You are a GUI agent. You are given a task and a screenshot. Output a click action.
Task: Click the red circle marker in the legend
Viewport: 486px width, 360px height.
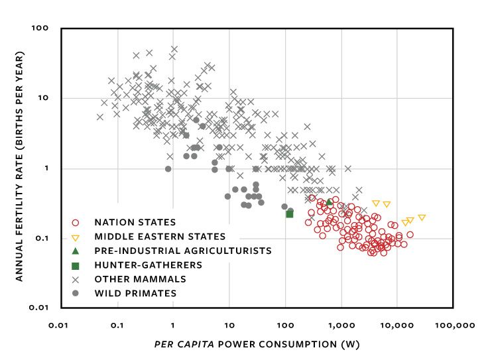click(x=75, y=222)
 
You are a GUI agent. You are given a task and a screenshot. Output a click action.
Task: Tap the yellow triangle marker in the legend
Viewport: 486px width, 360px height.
click(x=75, y=237)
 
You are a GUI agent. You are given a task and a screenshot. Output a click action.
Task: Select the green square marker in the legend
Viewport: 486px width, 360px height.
click(x=75, y=265)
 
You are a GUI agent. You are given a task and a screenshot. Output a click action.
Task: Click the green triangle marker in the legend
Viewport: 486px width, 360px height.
click(x=75, y=251)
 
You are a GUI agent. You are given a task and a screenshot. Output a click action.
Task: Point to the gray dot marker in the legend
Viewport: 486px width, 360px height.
click(x=75, y=293)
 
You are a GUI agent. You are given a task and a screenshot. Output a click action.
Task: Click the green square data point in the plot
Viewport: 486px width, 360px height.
click(x=290, y=213)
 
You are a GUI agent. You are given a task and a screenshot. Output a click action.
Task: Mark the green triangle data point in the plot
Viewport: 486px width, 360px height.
click(x=330, y=202)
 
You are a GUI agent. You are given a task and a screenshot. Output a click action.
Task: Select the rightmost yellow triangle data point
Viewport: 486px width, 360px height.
click(x=422, y=217)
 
